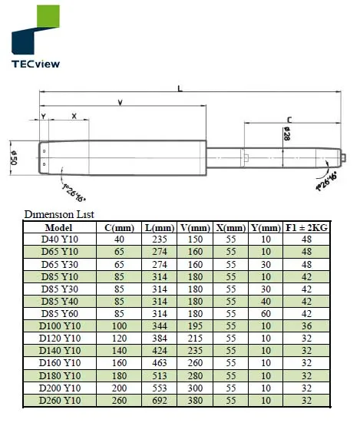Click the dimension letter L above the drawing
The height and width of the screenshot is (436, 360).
click(x=180, y=89)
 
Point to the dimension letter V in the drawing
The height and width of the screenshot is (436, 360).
click(x=121, y=102)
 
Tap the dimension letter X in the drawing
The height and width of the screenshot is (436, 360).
click(x=74, y=116)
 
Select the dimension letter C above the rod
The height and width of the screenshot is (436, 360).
click(x=288, y=119)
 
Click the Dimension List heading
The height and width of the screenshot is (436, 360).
click(x=59, y=214)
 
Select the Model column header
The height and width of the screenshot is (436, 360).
click(x=58, y=227)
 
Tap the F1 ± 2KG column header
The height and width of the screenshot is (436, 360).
click(x=307, y=227)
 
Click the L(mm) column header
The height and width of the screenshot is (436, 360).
click(x=160, y=227)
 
